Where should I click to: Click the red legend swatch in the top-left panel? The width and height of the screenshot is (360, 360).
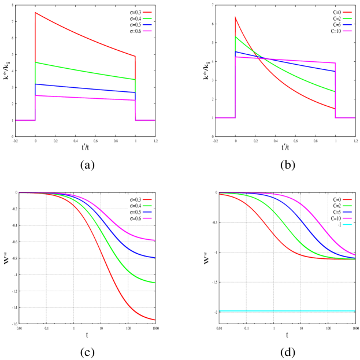pos(147,12)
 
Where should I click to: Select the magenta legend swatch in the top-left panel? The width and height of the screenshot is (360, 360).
pos(147,31)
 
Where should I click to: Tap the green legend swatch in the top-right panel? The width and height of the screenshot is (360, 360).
pos(347,18)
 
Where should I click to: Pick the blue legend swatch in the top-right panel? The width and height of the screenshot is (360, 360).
pos(347,25)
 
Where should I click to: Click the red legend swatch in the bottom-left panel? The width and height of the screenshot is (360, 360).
pos(147,199)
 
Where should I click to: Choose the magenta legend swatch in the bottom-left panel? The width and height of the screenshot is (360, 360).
pos(147,218)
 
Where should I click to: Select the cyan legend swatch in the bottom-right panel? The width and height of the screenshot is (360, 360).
pos(347,224)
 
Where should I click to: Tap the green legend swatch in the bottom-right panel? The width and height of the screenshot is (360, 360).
pos(347,206)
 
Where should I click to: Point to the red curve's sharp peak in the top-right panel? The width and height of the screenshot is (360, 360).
pos(235,17)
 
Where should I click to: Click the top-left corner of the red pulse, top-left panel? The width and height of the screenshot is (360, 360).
pos(35,13)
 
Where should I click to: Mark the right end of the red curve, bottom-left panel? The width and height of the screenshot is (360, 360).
pos(154,320)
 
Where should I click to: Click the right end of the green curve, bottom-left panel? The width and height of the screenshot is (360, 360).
pos(154,283)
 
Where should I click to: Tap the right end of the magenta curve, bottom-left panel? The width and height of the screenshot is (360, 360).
pos(154,240)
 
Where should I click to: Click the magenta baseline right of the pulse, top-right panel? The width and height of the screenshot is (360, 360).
pos(346,118)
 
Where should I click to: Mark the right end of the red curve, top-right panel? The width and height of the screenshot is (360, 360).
pos(335,108)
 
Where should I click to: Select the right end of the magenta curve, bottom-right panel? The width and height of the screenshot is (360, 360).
pos(355,254)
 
